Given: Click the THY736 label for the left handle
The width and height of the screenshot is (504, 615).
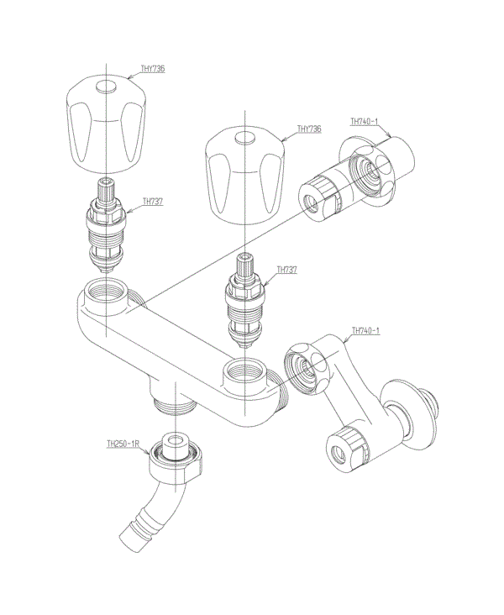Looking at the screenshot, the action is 153,69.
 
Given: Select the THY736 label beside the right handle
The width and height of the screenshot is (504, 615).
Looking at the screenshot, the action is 309,129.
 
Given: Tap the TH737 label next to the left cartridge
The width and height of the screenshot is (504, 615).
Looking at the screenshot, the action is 153,202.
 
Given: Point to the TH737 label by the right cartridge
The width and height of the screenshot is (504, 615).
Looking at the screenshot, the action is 287,270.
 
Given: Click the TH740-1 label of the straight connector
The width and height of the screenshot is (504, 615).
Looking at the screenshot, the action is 364,122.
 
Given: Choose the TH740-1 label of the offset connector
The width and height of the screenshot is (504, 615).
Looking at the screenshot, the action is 365,331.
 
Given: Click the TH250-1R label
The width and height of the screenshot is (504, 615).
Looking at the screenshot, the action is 123,444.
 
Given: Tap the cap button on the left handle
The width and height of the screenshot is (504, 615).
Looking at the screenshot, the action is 107,87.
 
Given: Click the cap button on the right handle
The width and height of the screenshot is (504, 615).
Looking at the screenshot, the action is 244,139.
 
